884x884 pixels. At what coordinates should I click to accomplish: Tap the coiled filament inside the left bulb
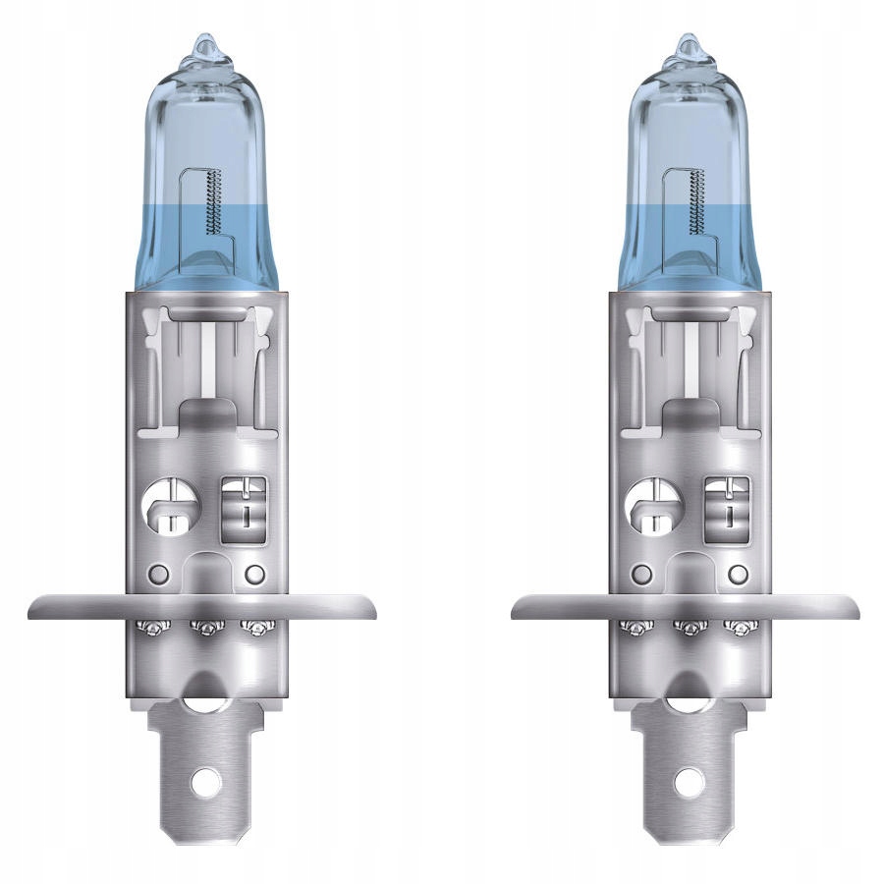tap(215, 201)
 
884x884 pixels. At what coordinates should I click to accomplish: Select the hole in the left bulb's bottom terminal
tap(205, 782)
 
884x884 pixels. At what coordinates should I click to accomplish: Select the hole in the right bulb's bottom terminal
tap(689, 782)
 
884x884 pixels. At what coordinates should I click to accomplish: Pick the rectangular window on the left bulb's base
tap(242, 507)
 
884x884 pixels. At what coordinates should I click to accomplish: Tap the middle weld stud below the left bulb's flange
tap(205, 627)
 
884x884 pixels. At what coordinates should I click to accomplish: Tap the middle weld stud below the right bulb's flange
tap(689, 627)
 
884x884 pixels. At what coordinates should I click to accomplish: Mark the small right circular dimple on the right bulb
tap(739, 573)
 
